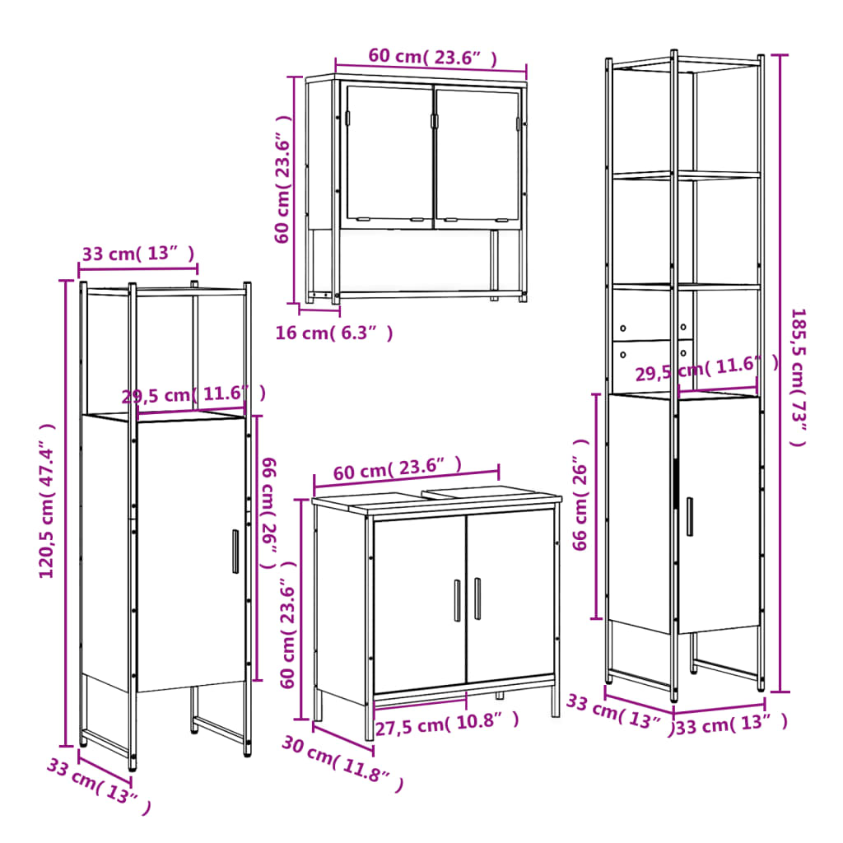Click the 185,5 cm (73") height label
tap(798, 376)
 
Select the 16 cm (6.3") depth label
tap(333, 333)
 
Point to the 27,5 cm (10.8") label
tap(447, 724)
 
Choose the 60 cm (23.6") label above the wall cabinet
tap(432, 57)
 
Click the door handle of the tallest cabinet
tap(690, 516)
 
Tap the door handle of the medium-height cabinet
tap(235, 551)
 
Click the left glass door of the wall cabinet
tap(388, 154)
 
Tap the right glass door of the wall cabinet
tap(477, 154)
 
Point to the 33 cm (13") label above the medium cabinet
tap(138, 254)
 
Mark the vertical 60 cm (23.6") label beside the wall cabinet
tap(283, 189)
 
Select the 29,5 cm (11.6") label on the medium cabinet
tap(193, 394)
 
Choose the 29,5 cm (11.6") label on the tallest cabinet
tap(706, 370)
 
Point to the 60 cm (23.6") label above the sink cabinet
tap(398, 469)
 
